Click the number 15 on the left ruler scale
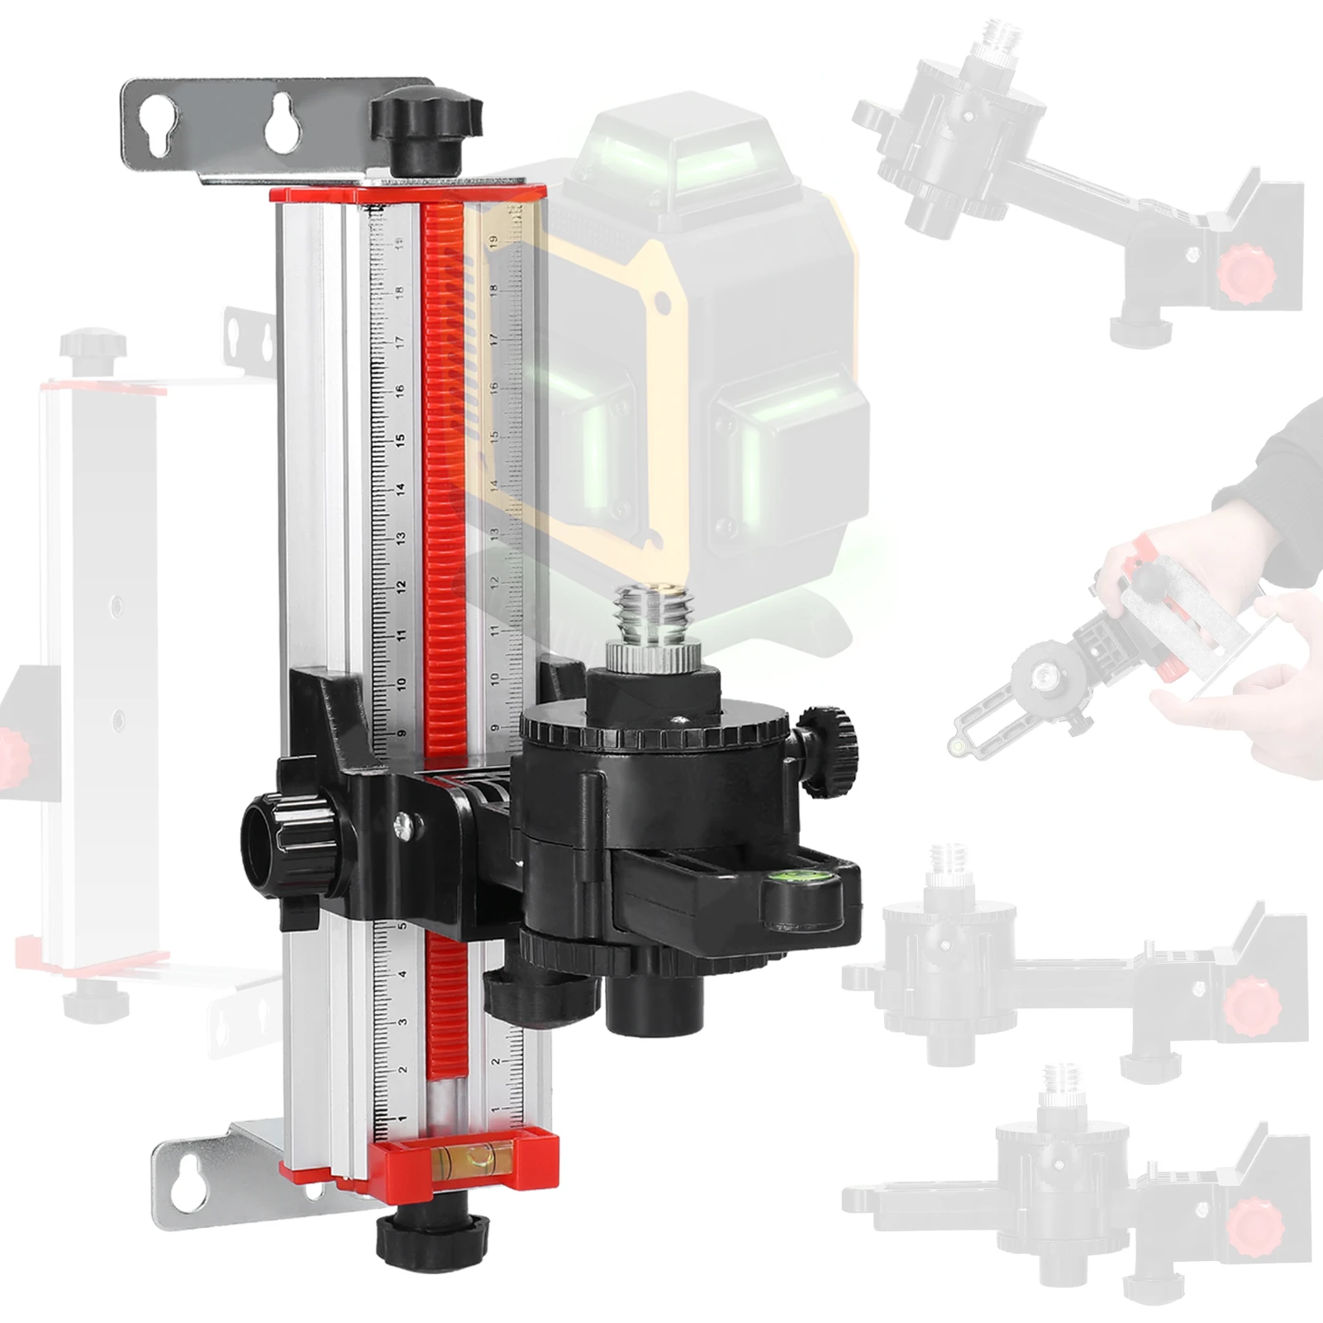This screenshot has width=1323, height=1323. click(401, 439)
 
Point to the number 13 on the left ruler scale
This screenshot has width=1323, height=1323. click(401, 537)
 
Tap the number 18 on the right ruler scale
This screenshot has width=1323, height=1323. click(493, 291)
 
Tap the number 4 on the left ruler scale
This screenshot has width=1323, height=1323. click(402, 975)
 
